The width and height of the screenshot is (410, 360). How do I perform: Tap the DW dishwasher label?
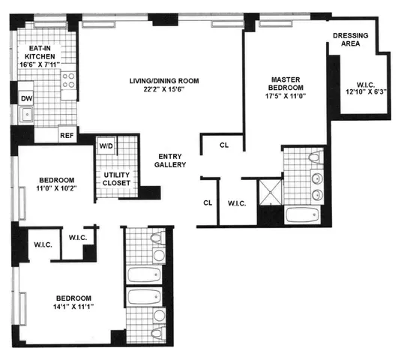(27, 98)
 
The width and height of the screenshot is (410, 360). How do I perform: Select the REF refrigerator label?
(67, 136)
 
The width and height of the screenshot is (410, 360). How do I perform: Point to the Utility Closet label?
(116, 178)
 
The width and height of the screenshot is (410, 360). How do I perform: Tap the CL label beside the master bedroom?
(224, 145)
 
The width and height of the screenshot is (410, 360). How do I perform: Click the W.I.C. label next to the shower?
(238, 202)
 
